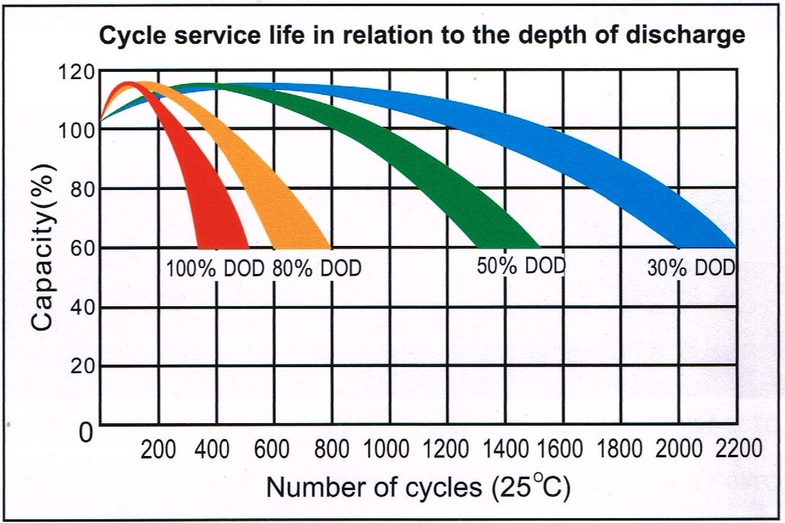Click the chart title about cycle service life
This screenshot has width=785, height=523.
click(421, 36)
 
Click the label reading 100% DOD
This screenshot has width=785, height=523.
click(215, 269)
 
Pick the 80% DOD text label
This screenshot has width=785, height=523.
click(317, 269)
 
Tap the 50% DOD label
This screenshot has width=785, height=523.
click(521, 266)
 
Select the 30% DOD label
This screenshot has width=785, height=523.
click(691, 269)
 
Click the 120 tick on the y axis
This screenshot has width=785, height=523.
click(77, 72)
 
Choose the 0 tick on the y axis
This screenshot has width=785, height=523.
click(86, 433)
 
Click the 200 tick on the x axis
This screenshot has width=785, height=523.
click(158, 451)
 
